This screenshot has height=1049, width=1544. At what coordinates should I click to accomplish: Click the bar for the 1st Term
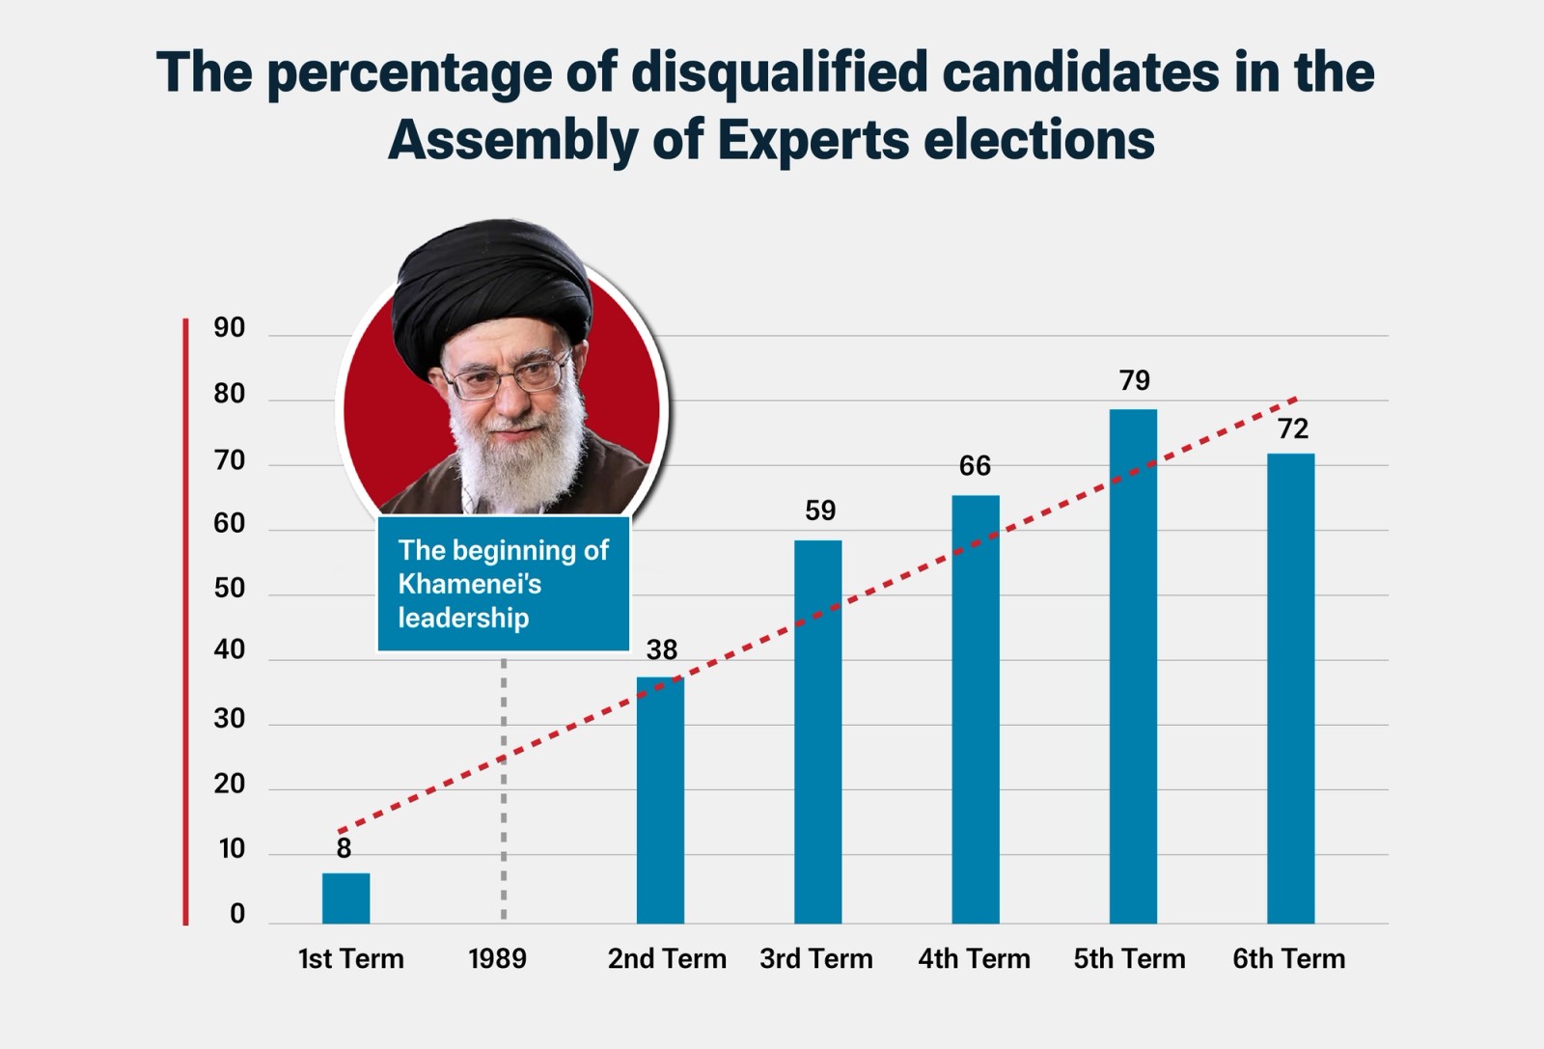(x=345, y=898)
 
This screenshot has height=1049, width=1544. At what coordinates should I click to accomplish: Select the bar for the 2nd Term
(x=660, y=801)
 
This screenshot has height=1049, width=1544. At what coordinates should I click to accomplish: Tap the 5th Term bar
(x=1133, y=666)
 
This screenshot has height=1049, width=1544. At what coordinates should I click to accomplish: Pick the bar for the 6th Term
(x=1290, y=688)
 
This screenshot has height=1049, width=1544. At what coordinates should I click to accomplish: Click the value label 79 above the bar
(x=1135, y=381)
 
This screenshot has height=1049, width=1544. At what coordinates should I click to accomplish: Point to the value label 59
(x=820, y=511)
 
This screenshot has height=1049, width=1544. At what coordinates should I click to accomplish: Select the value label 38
(x=662, y=650)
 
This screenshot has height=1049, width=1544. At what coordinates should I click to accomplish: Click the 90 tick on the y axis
(x=230, y=328)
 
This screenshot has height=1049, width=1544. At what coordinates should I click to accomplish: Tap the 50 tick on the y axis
(x=230, y=588)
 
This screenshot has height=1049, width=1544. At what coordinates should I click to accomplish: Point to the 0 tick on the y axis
(x=237, y=914)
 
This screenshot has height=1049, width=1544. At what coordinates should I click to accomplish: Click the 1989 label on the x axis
(x=498, y=959)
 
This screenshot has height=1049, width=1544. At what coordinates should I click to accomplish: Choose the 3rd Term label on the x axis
(x=816, y=959)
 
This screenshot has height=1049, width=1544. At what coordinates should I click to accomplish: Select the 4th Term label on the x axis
(x=974, y=959)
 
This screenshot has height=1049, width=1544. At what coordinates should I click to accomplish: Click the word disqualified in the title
(x=779, y=73)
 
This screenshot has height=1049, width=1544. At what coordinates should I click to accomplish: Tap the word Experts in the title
(x=813, y=140)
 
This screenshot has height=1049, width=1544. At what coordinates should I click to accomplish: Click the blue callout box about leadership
(x=503, y=584)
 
